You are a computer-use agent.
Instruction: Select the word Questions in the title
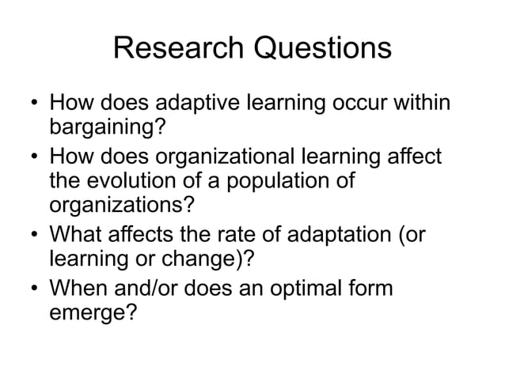pos(322,48)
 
